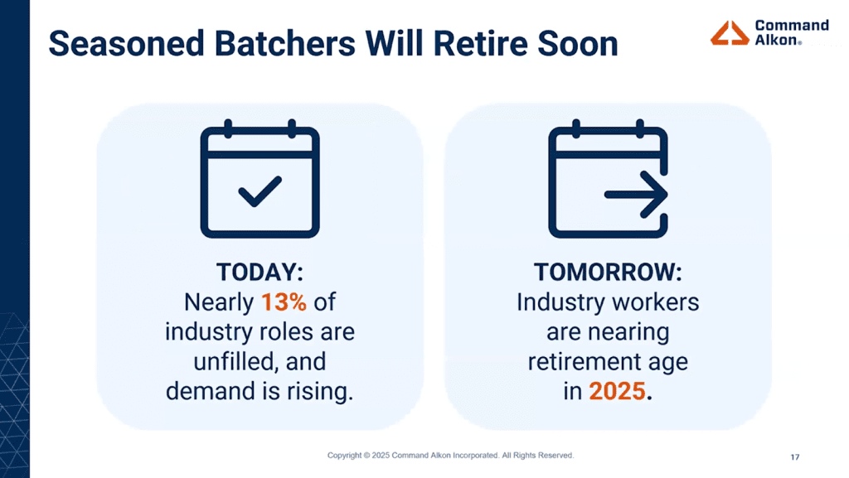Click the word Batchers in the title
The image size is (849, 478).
(x=285, y=43)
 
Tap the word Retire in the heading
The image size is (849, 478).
(x=480, y=43)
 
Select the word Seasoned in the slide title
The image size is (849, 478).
(x=126, y=43)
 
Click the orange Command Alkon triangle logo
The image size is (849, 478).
(x=730, y=32)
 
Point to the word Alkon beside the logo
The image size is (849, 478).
(x=776, y=40)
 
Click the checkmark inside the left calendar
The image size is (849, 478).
(x=260, y=191)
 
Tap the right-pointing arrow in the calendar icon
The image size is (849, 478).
(x=636, y=195)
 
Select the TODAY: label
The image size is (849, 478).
(x=260, y=272)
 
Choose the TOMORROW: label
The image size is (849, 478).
(x=608, y=272)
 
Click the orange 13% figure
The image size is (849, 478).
(x=284, y=302)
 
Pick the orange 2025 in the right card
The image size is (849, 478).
(x=617, y=391)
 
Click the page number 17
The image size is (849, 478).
(x=795, y=457)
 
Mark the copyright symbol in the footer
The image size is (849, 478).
(x=366, y=456)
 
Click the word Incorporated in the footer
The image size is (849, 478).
(x=476, y=456)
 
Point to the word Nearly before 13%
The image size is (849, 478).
(x=219, y=302)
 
